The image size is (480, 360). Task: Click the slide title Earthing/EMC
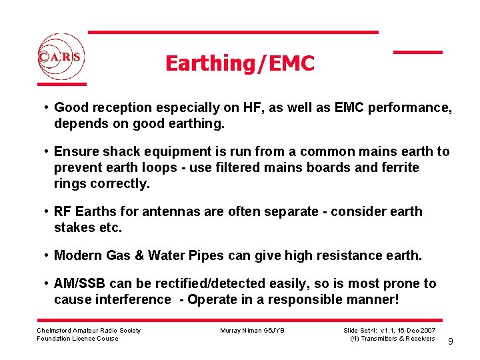coord(239,63)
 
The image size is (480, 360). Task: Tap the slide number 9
coord(451,341)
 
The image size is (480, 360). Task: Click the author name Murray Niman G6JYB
coord(252,331)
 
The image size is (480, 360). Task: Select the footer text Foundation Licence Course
coord(77,339)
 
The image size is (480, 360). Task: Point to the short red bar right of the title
coord(417,52)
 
